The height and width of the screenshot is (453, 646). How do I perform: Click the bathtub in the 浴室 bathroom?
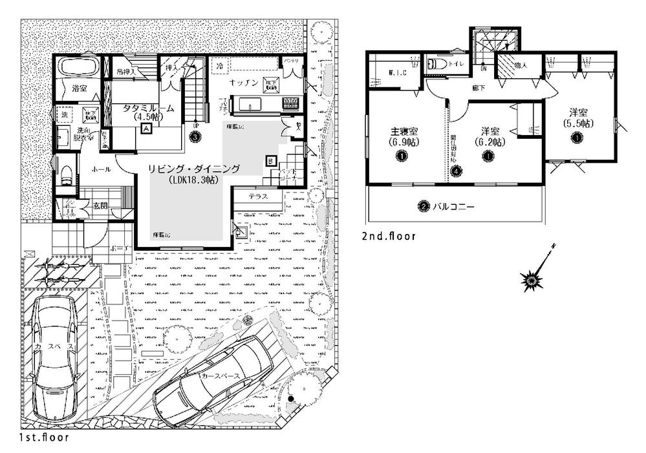pos(76,67)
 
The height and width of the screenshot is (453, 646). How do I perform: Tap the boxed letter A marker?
pos(147,129)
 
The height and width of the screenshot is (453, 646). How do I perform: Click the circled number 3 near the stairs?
pos(195,136)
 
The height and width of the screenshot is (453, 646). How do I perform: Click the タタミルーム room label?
pos(144,109)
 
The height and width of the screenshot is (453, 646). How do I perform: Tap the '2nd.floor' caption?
pos(388,237)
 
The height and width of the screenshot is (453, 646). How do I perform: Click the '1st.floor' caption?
pos(44,437)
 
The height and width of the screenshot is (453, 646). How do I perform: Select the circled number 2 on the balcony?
pos(423,206)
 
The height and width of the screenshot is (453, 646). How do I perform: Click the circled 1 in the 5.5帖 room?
pos(575,136)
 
